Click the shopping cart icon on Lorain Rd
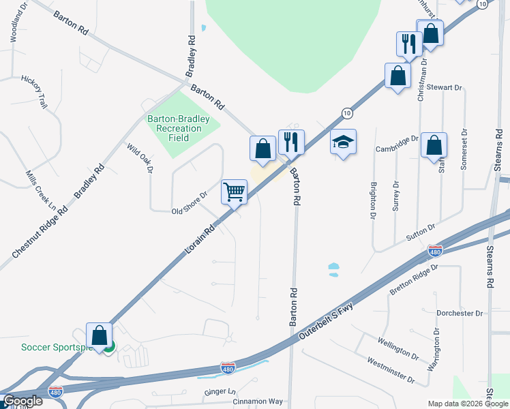[x=234, y=192]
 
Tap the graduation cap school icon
[x=343, y=142]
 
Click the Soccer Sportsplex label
[x=56, y=347]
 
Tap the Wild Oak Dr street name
[x=138, y=157]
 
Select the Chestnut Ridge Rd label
[x=40, y=232]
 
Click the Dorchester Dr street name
[x=459, y=313]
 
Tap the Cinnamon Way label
[x=256, y=402]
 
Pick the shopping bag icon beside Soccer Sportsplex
[x=100, y=335]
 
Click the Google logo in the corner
[x=22, y=401]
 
